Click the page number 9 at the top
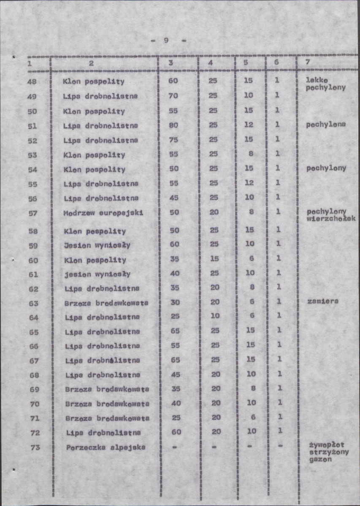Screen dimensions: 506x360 [x=166, y=41]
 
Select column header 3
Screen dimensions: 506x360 [x=171, y=62]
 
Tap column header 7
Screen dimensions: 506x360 [x=308, y=62]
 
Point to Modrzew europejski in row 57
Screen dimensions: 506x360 [x=103, y=213]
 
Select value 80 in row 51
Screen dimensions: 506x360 [x=173, y=125]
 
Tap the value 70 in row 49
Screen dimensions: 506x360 [x=173, y=95]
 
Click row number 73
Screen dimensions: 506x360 [x=35, y=447]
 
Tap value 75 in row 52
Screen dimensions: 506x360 [x=173, y=140]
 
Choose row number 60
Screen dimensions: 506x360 [x=33, y=260]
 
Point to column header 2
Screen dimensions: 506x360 [x=91, y=62]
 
